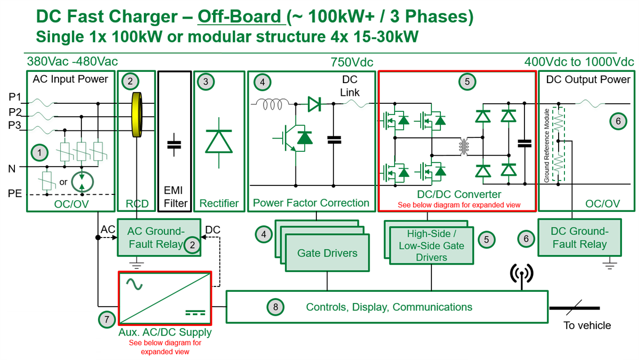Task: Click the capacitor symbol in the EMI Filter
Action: [x=174, y=144]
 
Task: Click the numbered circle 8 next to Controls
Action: [x=275, y=307]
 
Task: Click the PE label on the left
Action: [x=15, y=193]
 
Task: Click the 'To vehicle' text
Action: [x=587, y=325]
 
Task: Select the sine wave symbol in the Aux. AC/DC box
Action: [x=134, y=285]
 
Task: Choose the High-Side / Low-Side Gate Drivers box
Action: [x=431, y=246]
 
